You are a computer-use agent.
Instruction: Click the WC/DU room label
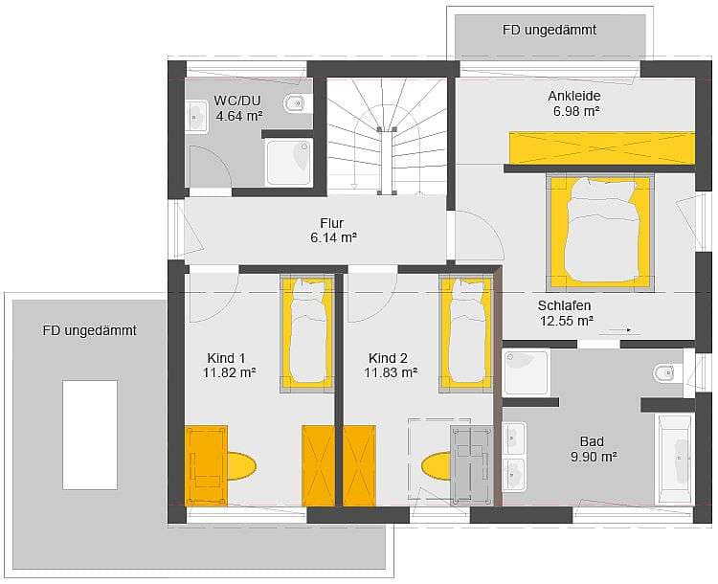pyautogui.click(x=237, y=101)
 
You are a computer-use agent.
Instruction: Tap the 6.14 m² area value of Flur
pyautogui.click(x=333, y=237)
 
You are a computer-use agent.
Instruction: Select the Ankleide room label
pyautogui.click(x=574, y=96)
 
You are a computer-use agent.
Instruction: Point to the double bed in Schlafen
pyautogui.click(x=600, y=233)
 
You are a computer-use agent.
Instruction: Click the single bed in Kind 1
pyautogui.click(x=306, y=334)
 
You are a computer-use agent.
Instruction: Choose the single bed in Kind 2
pyautogui.click(x=466, y=334)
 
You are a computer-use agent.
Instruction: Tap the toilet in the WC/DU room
pyautogui.click(x=297, y=103)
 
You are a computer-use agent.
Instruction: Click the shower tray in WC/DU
pyautogui.click(x=288, y=163)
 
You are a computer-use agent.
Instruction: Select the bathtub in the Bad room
pyautogui.click(x=676, y=459)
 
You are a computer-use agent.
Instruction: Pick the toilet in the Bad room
pyautogui.click(x=667, y=372)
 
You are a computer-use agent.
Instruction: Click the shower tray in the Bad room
pyautogui.click(x=526, y=371)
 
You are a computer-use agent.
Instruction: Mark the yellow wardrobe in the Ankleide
pyautogui.click(x=602, y=148)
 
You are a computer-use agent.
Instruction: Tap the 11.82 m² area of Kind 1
pyautogui.click(x=230, y=372)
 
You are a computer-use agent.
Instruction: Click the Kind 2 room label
pyautogui.click(x=388, y=358)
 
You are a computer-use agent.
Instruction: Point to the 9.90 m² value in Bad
pyautogui.click(x=594, y=457)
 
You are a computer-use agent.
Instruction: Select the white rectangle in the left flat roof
pyautogui.click(x=90, y=435)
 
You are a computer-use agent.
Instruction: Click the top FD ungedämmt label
pyautogui.click(x=550, y=31)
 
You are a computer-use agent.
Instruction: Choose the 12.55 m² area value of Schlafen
pyautogui.click(x=567, y=321)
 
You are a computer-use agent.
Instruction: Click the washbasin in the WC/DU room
pyautogui.click(x=197, y=117)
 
